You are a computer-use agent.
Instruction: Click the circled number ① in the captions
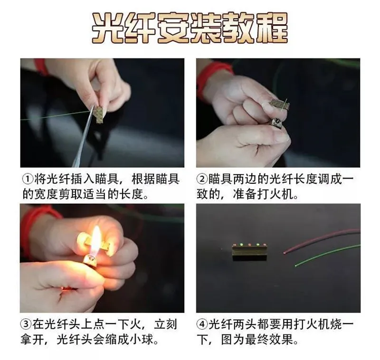[28, 180]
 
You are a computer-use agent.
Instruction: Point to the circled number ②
[202, 180]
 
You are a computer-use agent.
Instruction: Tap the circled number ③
[28, 325]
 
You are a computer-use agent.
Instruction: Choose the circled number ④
[202, 325]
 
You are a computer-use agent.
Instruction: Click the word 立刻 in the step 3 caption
[167, 325]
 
